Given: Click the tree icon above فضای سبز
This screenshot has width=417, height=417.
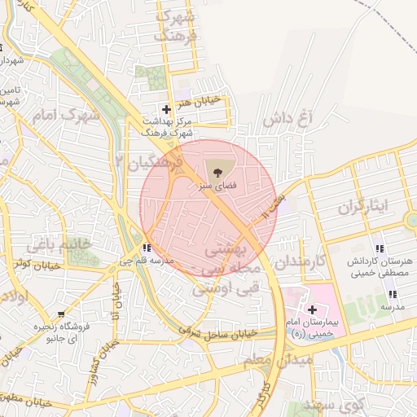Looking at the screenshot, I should tap(217, 172).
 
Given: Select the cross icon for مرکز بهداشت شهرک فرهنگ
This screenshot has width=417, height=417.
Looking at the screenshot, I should tap(167, 108).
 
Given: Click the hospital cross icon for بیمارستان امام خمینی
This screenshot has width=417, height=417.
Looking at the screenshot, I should tap(312, 309).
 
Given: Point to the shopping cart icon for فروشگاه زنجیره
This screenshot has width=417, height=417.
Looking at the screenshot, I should tap(61, 314).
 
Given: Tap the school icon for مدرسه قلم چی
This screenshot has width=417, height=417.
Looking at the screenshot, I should tap(146, 248).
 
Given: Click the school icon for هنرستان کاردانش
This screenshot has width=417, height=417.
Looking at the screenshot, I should tap(380, 248).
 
